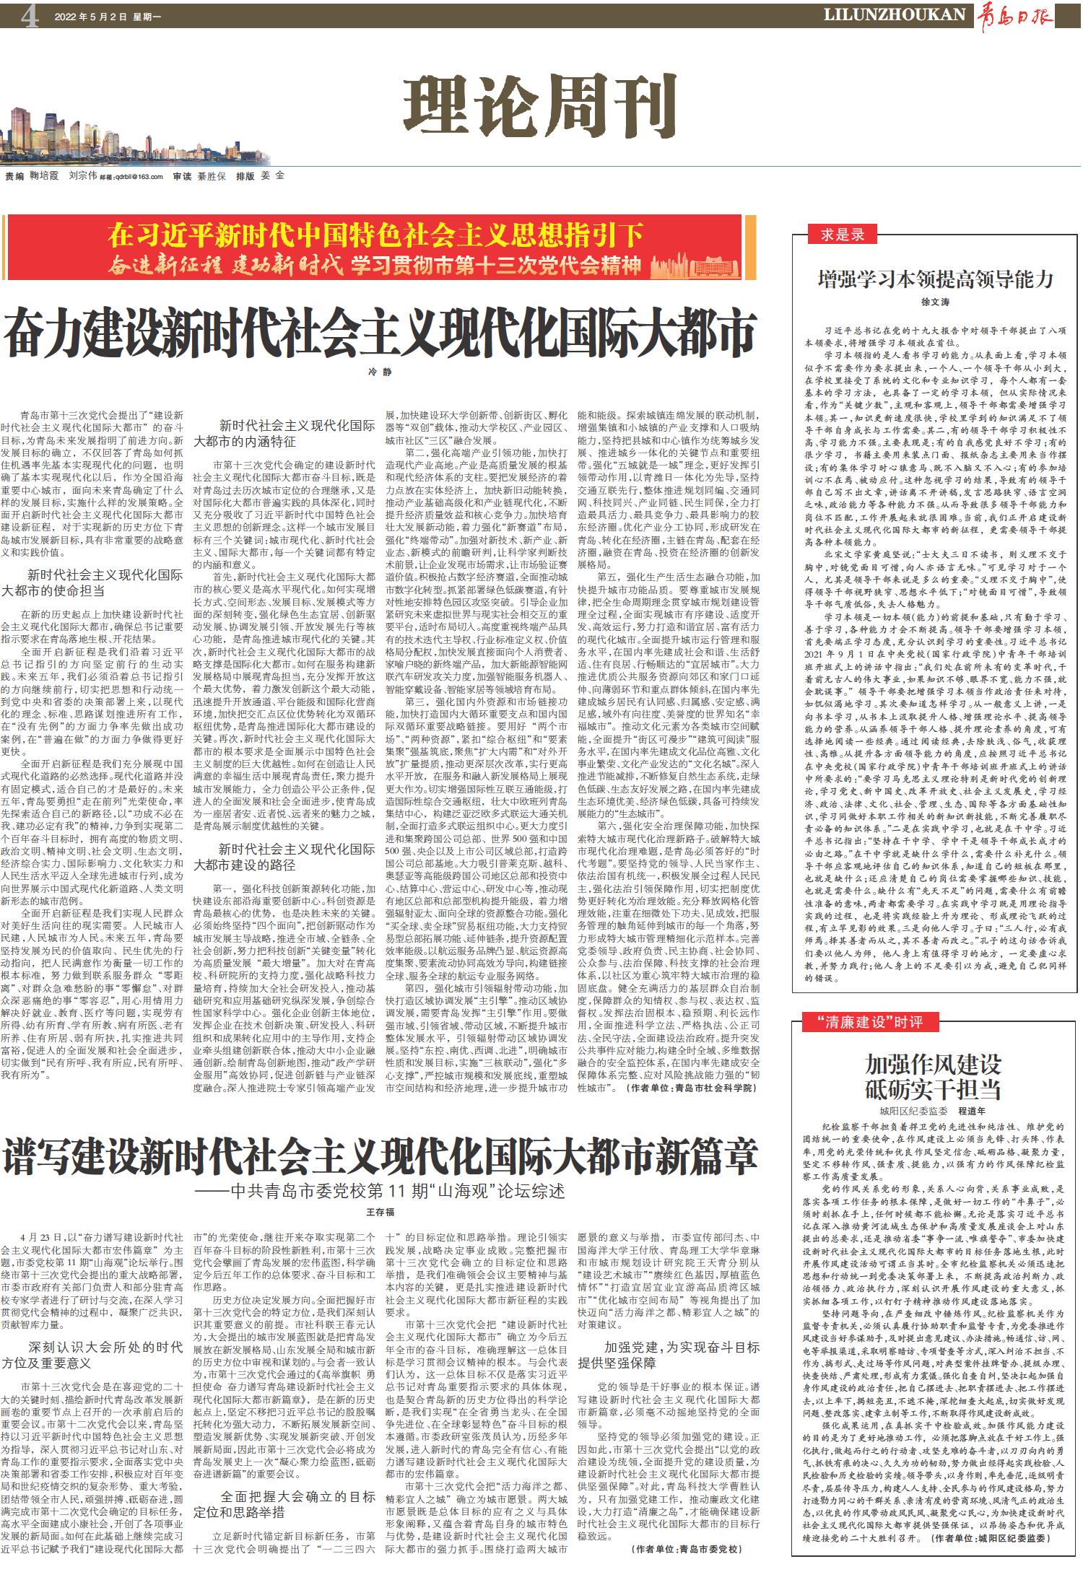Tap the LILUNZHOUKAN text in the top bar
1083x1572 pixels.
coord(895,14)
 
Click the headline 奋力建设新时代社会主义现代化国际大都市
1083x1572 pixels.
coord(379,331)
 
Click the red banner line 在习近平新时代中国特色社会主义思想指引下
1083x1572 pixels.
coord(375,235)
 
